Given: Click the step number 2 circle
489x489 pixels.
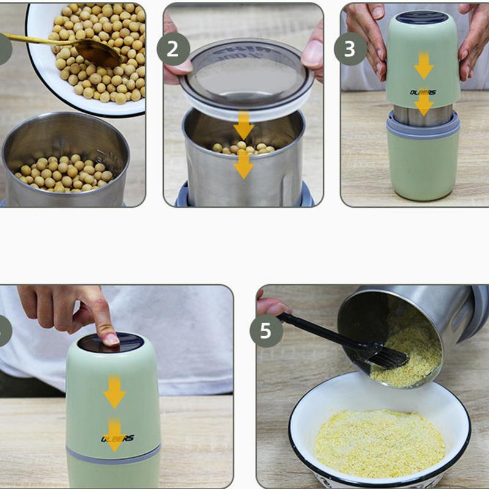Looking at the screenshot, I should tap(173, 49).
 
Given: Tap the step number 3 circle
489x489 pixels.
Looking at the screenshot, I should tap(350, 49).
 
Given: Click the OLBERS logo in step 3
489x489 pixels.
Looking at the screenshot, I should tap(423, 92).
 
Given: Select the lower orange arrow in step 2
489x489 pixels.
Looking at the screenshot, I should tap(243, 163).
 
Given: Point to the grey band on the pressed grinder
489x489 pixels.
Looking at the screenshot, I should tap(114, 455).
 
